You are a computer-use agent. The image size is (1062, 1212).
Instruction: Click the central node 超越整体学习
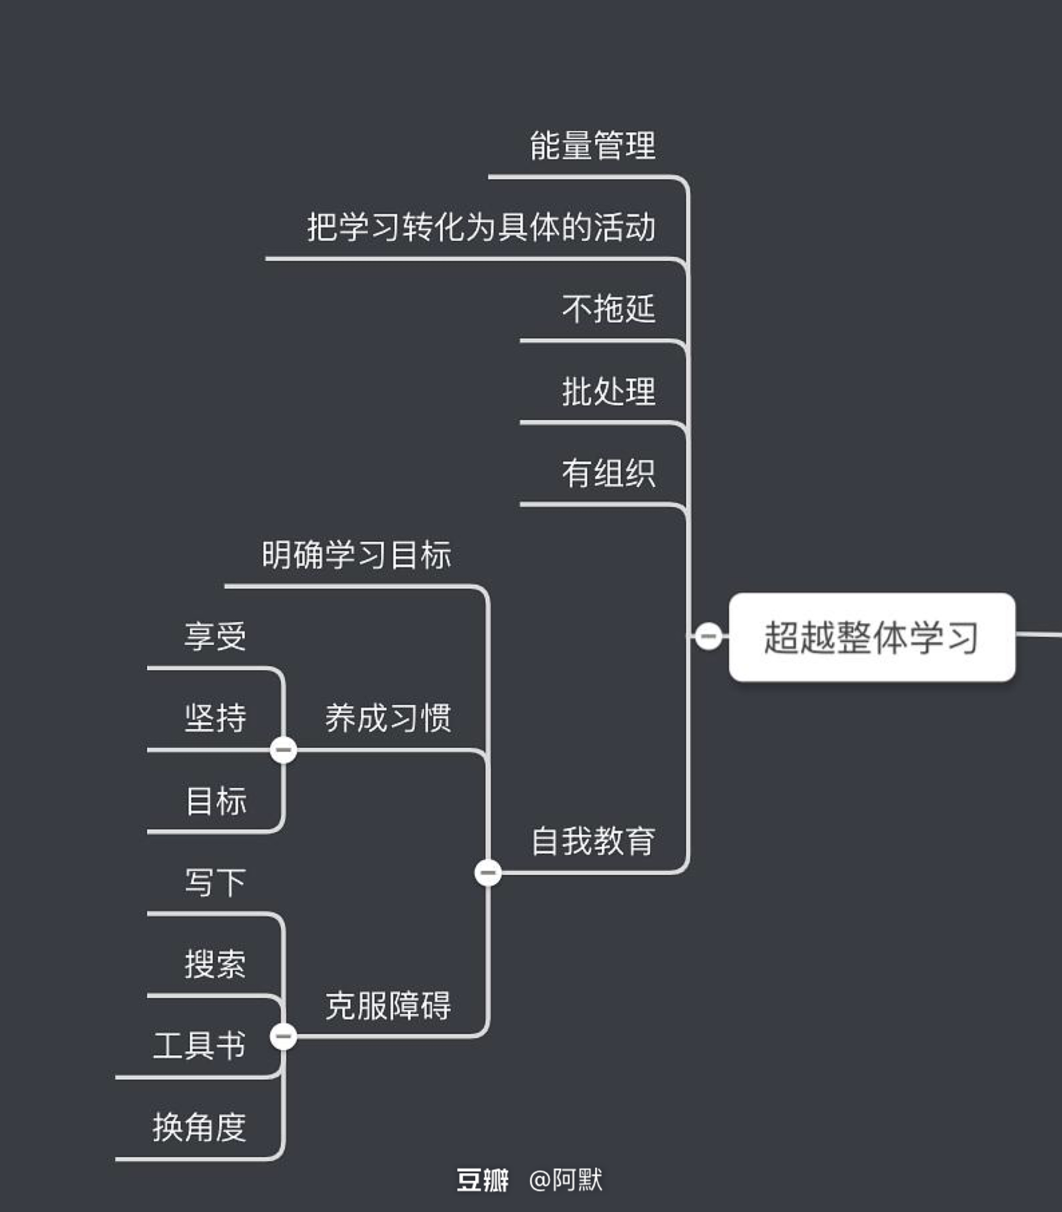(871, 637)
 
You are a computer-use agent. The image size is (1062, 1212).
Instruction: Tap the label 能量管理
(593, 146)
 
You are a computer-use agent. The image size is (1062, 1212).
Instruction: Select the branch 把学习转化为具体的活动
(481, 227)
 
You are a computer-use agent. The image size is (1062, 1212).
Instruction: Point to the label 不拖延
(609, 309)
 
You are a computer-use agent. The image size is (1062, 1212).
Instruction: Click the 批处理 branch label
(609, 391)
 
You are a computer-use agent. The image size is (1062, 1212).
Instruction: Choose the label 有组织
(609, 473)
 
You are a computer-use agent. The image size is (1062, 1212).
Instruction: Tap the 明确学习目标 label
(356, 555)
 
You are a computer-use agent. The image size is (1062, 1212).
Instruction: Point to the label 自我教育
(593, 841)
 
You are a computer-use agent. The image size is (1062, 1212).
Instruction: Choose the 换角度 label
(199, 1127)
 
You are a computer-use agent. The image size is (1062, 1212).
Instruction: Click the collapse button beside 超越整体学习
(708, 636)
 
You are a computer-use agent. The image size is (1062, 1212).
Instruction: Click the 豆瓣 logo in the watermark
(482, 1180)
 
